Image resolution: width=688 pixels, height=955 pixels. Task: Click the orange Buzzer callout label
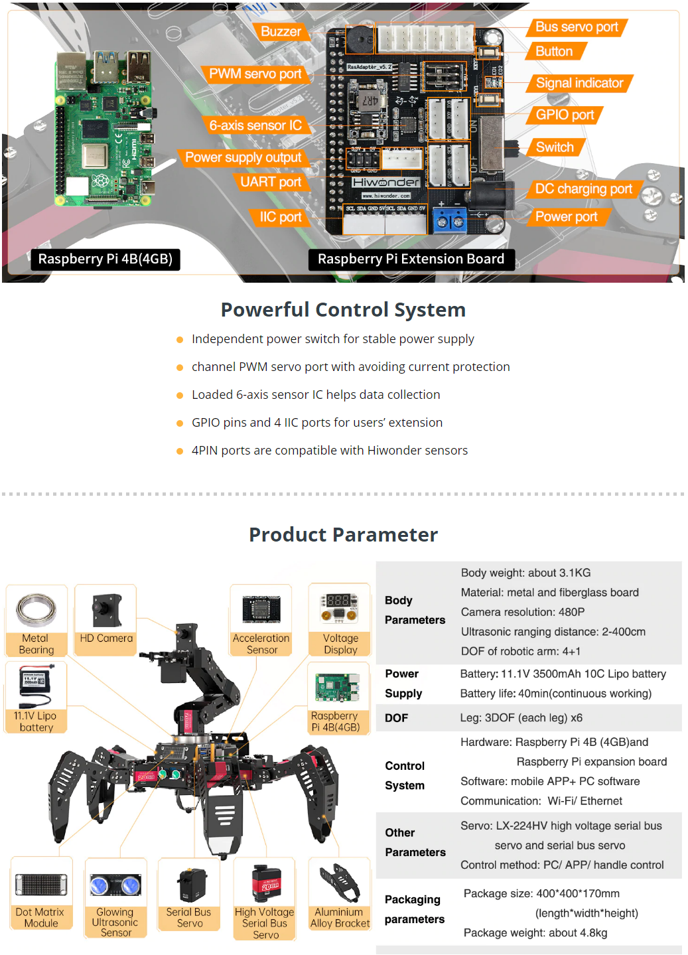click(281, 32)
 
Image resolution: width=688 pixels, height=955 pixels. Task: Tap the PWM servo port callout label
click(255, 74)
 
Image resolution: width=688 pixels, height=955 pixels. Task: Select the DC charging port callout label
click(583, 189)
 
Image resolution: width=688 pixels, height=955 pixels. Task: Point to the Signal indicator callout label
click(579, 84)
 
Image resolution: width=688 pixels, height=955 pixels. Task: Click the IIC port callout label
click(280, 218)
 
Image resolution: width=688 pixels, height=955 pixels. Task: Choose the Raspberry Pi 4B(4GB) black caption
click(105, 259)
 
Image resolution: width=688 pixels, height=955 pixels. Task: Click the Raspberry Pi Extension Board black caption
click(411, 259)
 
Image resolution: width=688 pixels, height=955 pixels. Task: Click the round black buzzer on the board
click(359, 40)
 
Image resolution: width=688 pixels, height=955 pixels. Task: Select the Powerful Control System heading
click(343, 310)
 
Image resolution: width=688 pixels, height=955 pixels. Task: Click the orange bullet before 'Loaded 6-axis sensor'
click(179, 396)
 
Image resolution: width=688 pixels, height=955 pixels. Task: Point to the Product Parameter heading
click(343, 535)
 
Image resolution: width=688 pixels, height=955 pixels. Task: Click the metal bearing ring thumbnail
click(36, 609)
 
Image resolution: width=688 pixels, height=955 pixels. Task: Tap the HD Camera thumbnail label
click(106, 638)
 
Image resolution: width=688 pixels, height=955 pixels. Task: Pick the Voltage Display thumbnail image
click(340, 608)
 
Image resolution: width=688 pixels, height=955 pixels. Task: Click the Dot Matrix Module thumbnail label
click(40, 918)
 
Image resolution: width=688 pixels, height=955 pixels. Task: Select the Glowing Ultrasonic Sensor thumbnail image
click(115, 885)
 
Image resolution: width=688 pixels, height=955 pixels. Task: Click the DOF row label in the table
click(396, 718)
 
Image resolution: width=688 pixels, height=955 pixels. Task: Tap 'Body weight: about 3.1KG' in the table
click(525, 573)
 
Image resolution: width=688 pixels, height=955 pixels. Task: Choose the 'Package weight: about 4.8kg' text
click(535, 933)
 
